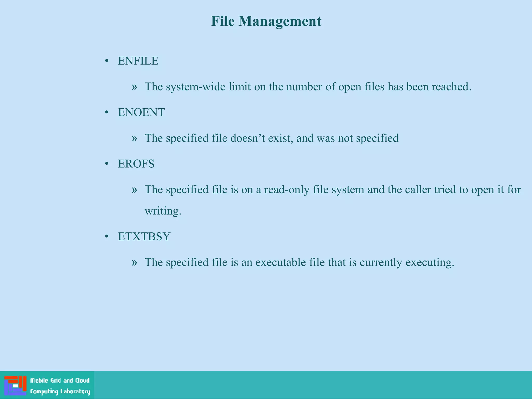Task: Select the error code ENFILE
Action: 138,61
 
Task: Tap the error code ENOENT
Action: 141,112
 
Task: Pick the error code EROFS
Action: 136,164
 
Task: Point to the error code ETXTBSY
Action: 144,237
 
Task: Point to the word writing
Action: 163,211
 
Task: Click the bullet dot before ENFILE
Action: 107,61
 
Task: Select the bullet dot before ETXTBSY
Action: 107,237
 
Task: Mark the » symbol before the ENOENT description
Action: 134,138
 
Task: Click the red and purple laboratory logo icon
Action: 15,385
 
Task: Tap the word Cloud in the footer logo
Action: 82,381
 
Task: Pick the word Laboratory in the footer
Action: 75,391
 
